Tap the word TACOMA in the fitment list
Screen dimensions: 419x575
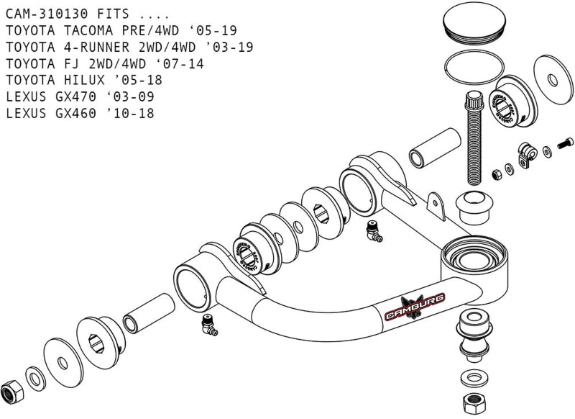[84, 30]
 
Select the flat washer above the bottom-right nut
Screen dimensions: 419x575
[470, 377]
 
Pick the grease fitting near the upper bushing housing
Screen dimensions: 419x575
[372, 230]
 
